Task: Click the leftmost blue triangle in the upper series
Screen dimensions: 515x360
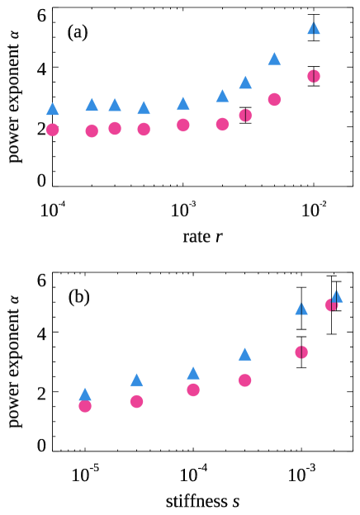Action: coord(53,109)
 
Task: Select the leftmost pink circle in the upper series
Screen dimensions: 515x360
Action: coord(53,130)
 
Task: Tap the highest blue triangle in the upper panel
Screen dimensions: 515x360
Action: coord(314,28)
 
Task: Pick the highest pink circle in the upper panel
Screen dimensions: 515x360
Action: coord(314,76)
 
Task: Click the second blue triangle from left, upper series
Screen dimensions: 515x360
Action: coord(92,105)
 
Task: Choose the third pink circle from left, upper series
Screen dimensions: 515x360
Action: coord(115,129)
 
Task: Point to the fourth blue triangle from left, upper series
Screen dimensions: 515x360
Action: coord(144,108)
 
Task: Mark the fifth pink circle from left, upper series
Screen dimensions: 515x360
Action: coord(183,125)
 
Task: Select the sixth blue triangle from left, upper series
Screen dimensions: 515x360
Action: coord(222,96)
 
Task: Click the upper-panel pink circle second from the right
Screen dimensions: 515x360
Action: coord(274,100)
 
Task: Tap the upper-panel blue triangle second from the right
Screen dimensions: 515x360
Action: coord(274,59)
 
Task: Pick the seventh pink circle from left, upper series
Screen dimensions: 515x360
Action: coord(245,116)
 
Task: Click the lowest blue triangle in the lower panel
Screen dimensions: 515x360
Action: coord(85,395)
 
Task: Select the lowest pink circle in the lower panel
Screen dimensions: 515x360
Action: coord(85,406)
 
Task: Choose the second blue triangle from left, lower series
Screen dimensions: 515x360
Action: coord(136,380)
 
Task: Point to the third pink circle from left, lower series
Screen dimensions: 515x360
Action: coord(193,390)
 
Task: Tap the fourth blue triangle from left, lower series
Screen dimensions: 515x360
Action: coord(245,354)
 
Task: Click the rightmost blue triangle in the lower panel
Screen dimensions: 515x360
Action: coord(337,296)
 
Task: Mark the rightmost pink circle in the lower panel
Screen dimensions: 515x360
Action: coord(331,305)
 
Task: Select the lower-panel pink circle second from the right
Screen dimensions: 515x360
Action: coord(301,352)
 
